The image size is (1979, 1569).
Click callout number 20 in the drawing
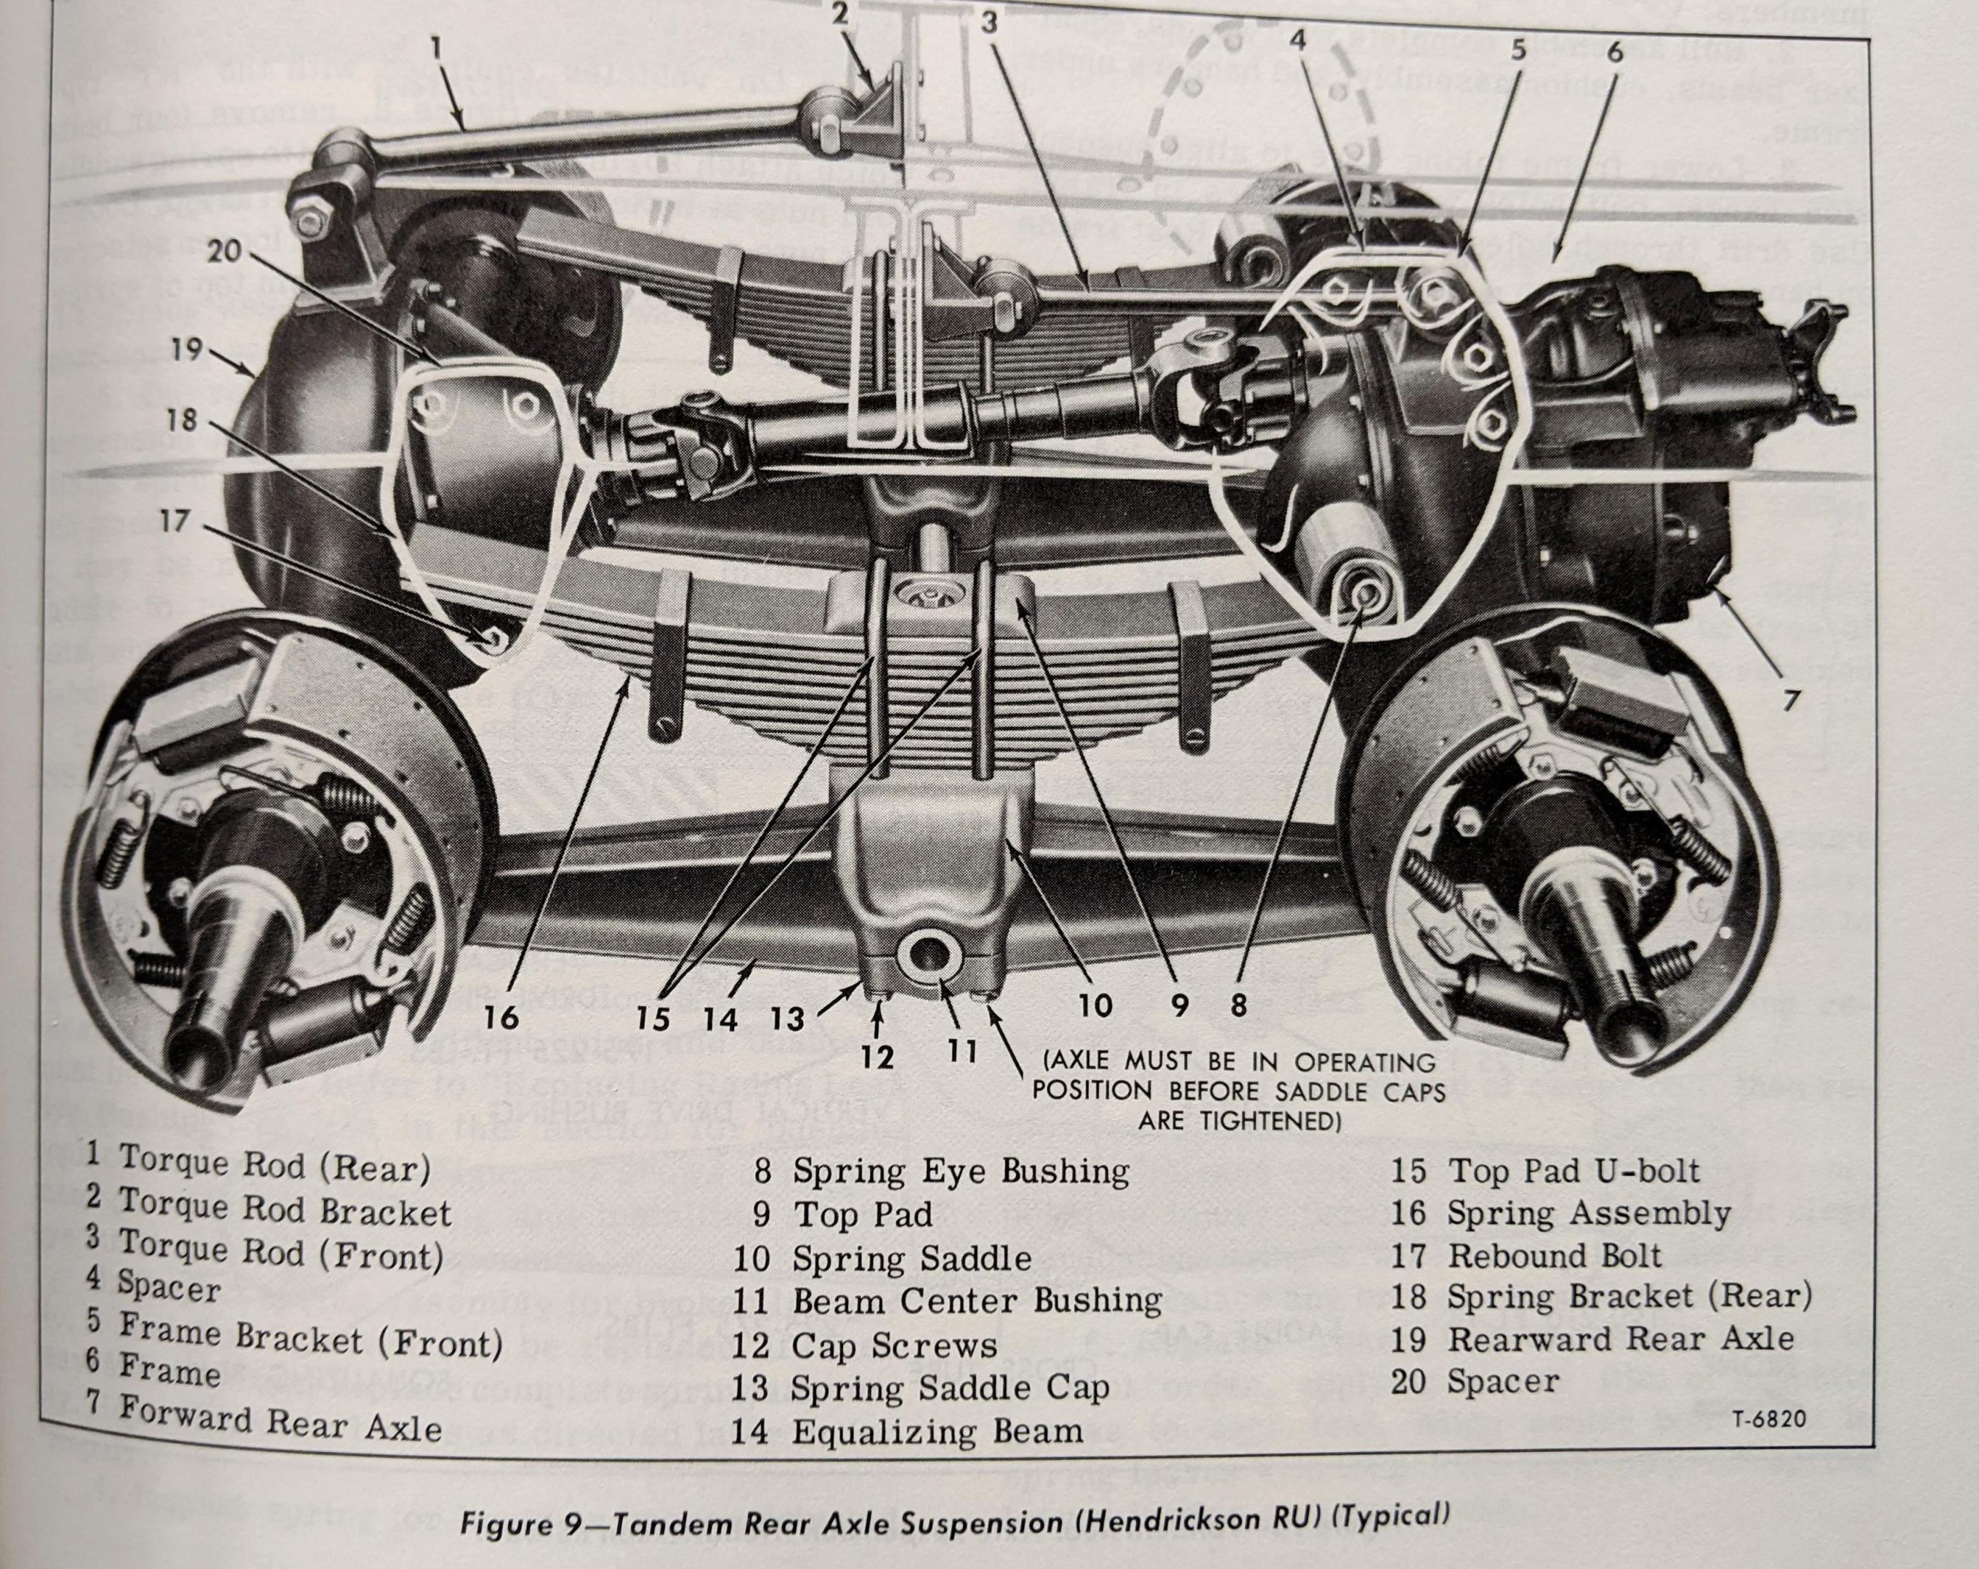[223, 251]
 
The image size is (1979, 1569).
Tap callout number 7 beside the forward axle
[1791, 701]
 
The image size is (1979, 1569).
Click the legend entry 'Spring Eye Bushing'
[960, 1171]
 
